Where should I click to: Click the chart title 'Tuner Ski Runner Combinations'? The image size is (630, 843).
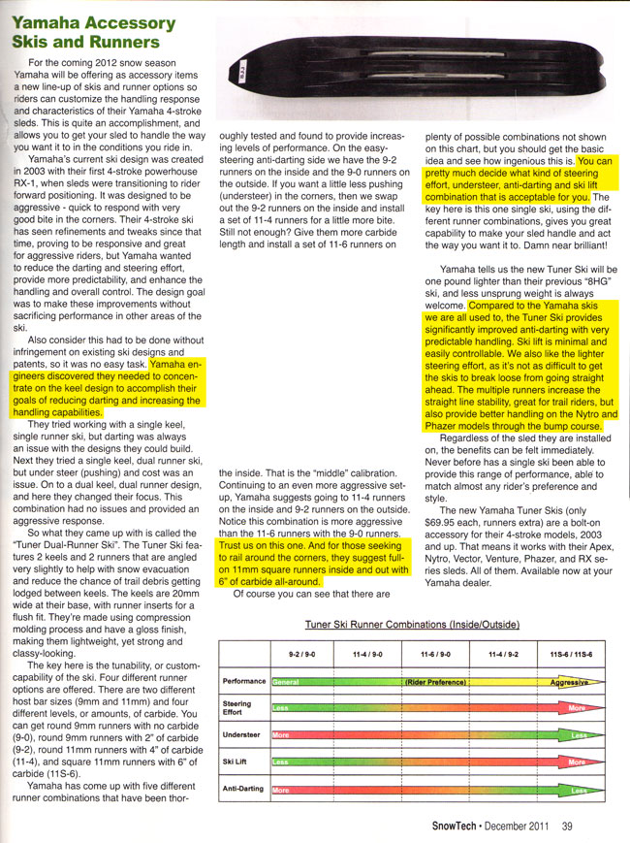pyautogui.click(x=413, y=623)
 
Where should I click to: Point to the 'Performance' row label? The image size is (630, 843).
pyautogui.click(x=244, y=682)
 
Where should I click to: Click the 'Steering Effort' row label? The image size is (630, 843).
pyautogui.click(x=239, y=708)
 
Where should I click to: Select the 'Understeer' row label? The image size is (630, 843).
pyautogui.click(x=242, y=735)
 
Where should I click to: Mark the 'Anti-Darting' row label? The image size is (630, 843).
pyautogui.click(x=244, y=789)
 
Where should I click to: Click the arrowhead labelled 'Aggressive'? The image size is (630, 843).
pyautogui.click(x=572, y=682)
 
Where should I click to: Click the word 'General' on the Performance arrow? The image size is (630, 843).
pyautogui.click(x=287, y=682)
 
